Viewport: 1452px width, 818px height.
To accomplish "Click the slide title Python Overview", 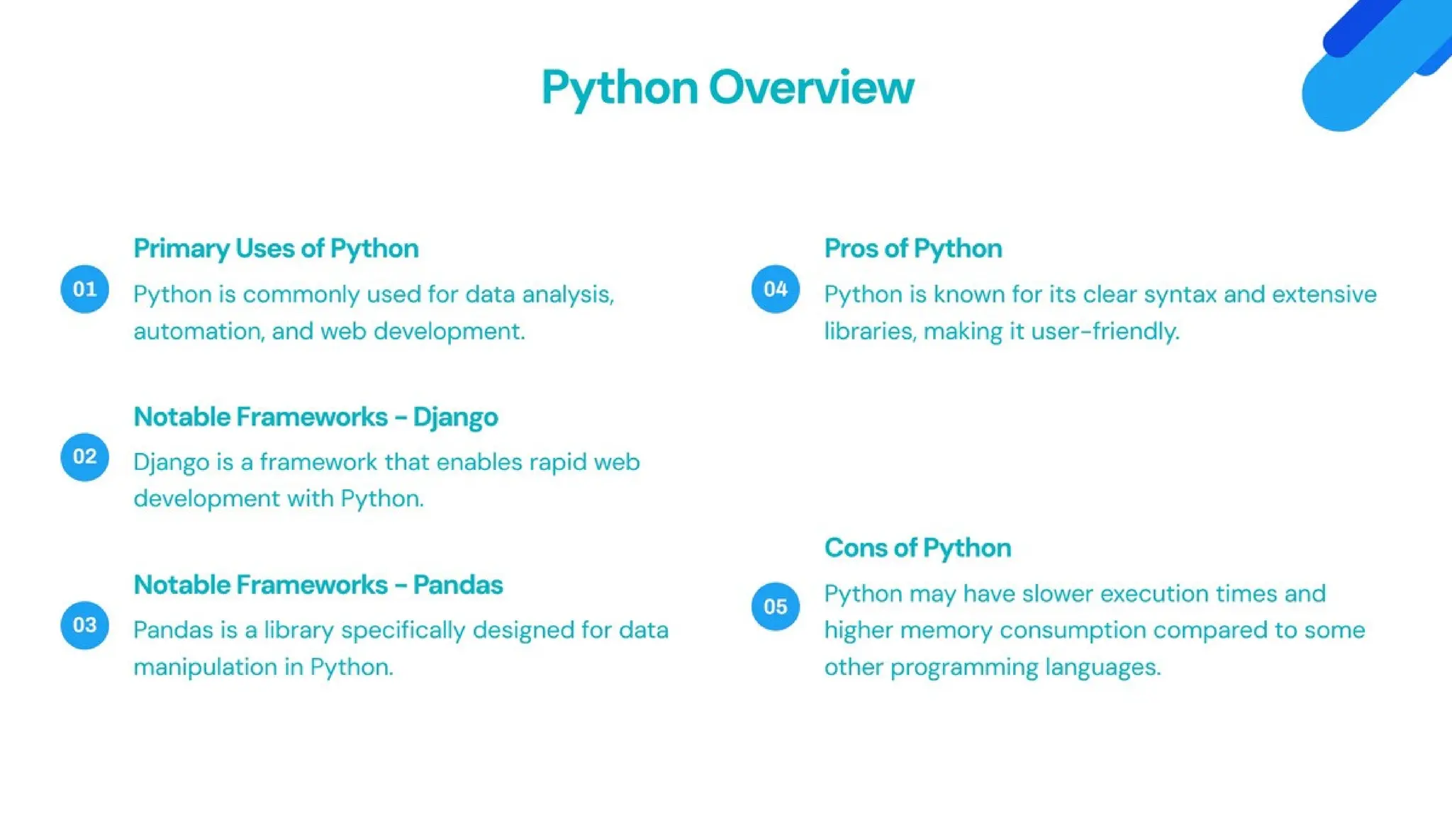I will click(727, 88).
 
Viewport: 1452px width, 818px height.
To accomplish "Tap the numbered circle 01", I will click(84, 289).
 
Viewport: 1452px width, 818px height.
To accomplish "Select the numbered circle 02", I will click(84, 456).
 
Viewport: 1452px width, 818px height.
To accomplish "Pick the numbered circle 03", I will click(84, 625).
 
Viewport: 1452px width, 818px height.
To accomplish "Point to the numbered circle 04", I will click(775, 289).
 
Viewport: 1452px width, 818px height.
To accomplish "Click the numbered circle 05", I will click(775, 607).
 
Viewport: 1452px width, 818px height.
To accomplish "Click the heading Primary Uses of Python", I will click(276, 249).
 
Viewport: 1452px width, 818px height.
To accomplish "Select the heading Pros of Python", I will click(912, 249).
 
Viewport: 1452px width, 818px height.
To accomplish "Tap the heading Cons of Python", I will click(917, 548).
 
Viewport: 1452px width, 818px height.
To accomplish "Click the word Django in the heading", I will click(455, 418).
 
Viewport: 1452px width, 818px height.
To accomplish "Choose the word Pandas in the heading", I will click(457, 586).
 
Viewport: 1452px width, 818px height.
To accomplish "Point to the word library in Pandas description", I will click(298, 630).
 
